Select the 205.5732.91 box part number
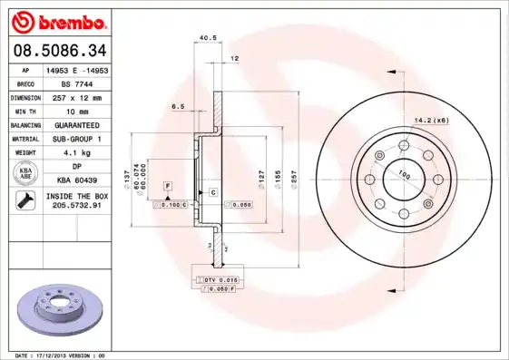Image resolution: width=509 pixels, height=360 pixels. pos(76,207)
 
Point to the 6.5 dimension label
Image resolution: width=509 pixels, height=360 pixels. pos(179,106)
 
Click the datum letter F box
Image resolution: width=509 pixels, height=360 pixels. pos(167,185)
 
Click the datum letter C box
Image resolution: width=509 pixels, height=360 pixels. pos(212,192)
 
